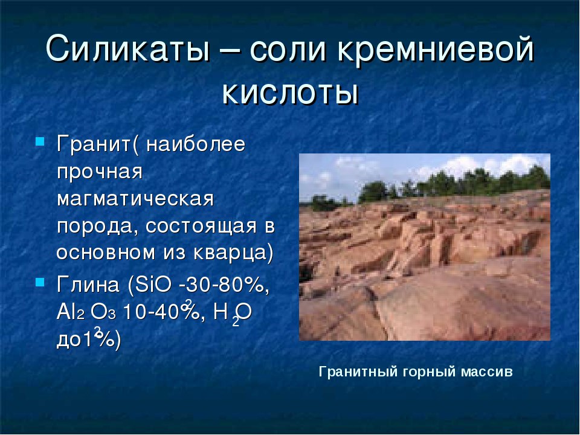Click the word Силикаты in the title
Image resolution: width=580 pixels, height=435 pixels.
pos(127,49)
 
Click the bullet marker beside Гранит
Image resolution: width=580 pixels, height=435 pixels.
pos(40,141)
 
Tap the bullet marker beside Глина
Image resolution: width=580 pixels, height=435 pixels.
pos(40,282)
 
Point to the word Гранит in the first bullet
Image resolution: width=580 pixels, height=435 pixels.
pos(94,144)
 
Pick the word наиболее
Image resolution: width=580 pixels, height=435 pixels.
pos(196,144)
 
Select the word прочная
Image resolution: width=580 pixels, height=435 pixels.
pos(100,172)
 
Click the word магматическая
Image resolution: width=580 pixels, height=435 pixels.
pos(135,199)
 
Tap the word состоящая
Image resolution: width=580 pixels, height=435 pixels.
pos(201,226)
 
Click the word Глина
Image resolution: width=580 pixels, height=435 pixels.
pos(88,285)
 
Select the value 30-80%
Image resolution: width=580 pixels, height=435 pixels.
pos(225,285)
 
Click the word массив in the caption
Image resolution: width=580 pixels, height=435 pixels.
pos(487,372)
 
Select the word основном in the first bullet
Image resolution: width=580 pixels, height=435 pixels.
pos(106,253)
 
